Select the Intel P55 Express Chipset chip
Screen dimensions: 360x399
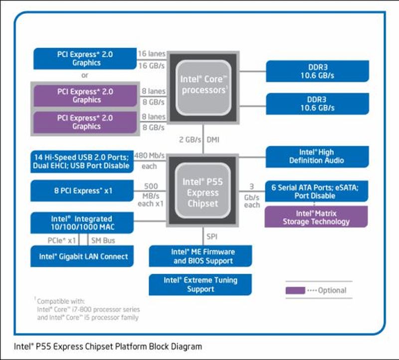tap(203, 192)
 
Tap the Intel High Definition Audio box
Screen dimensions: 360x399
tap(317, 156)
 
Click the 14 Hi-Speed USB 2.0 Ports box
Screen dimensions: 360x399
tap(82, 161)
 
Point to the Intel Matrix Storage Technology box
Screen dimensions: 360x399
tap(316, 218)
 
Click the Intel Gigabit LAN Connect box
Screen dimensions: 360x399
tap(83, 257)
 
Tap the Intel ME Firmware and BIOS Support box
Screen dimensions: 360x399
tap(200, 256)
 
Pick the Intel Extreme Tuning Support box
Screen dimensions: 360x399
tap(200, 285)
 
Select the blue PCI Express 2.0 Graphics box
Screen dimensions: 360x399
tap(86, 58)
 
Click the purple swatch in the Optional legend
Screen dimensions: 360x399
tap(295, 290)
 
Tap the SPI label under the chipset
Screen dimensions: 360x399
tap(212, 236)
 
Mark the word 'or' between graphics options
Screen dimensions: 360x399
tap(85, 75)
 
